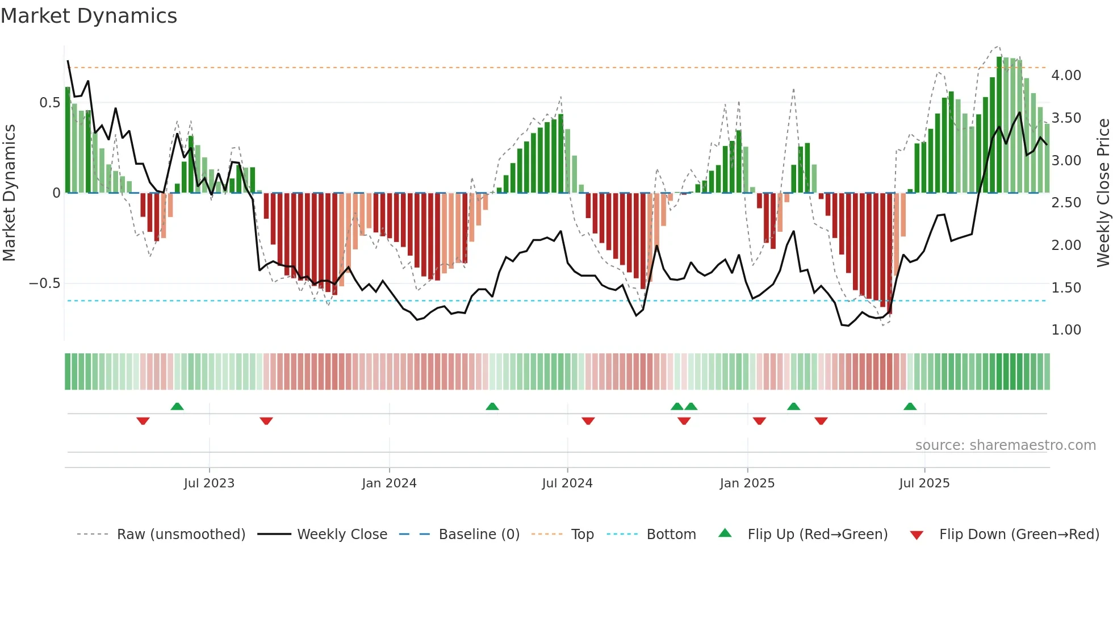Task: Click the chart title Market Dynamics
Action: tap(89, 16)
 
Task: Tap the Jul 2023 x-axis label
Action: tap(209, 483)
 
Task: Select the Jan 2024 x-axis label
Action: tap(389, 483)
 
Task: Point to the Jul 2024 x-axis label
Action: tap(567, 483)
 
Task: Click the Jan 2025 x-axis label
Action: tap(747, 483)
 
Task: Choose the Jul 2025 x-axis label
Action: tap(924, 483)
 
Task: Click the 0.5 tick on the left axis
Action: tap(50, 103)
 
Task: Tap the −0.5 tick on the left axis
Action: tap(45, 283)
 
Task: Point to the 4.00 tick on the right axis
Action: tap(1066, 76)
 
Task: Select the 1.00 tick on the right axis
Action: tap(1066, 330)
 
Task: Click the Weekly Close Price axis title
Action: tap(1103, 193)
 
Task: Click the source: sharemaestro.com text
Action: tap(1005, 445)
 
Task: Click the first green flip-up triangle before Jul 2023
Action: tap(177, 406)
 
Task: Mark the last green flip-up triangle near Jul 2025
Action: tap(910, 406)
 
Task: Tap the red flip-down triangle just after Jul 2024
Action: tap(588, 421)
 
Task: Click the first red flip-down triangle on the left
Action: tap(143, 421)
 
